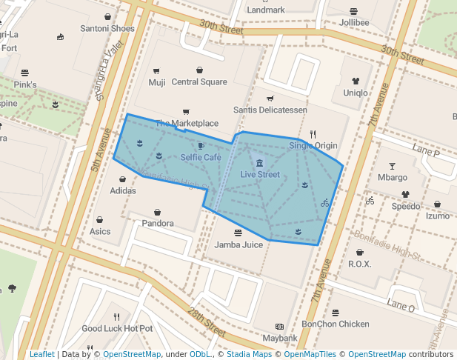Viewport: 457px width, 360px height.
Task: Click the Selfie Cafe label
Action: click(x=201, y=158)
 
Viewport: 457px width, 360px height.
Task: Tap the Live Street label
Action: click(x=260, y=175)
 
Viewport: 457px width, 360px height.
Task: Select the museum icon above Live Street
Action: click(x=258, y=163)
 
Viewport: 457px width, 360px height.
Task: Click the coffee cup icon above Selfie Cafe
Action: click(x=201, y=146)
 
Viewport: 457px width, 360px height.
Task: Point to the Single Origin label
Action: click(x=313, y=146)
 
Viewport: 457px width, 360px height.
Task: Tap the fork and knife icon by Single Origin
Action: click(x=313, y=134)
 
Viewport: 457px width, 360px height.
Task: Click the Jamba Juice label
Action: click(x=238, y=244)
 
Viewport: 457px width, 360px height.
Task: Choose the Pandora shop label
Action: click(x=158, y=223)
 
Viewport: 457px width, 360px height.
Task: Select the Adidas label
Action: click(x=123, y=190)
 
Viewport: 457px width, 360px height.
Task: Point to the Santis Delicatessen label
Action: click(x=270, y=110)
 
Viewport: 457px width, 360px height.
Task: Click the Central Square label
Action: click(x=199, y=82)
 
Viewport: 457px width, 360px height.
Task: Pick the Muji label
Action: click(x=157, y=82)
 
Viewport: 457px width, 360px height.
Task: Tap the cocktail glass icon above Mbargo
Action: click(x=393, y=166)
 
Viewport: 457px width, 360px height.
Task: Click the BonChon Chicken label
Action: click(x=336, y=324)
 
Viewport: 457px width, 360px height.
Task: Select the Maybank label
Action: click(x=279, y=338)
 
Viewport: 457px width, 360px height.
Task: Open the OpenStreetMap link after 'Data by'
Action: click(x=131, y=354)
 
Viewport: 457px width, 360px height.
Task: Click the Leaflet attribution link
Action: click(x=42, y=354)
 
